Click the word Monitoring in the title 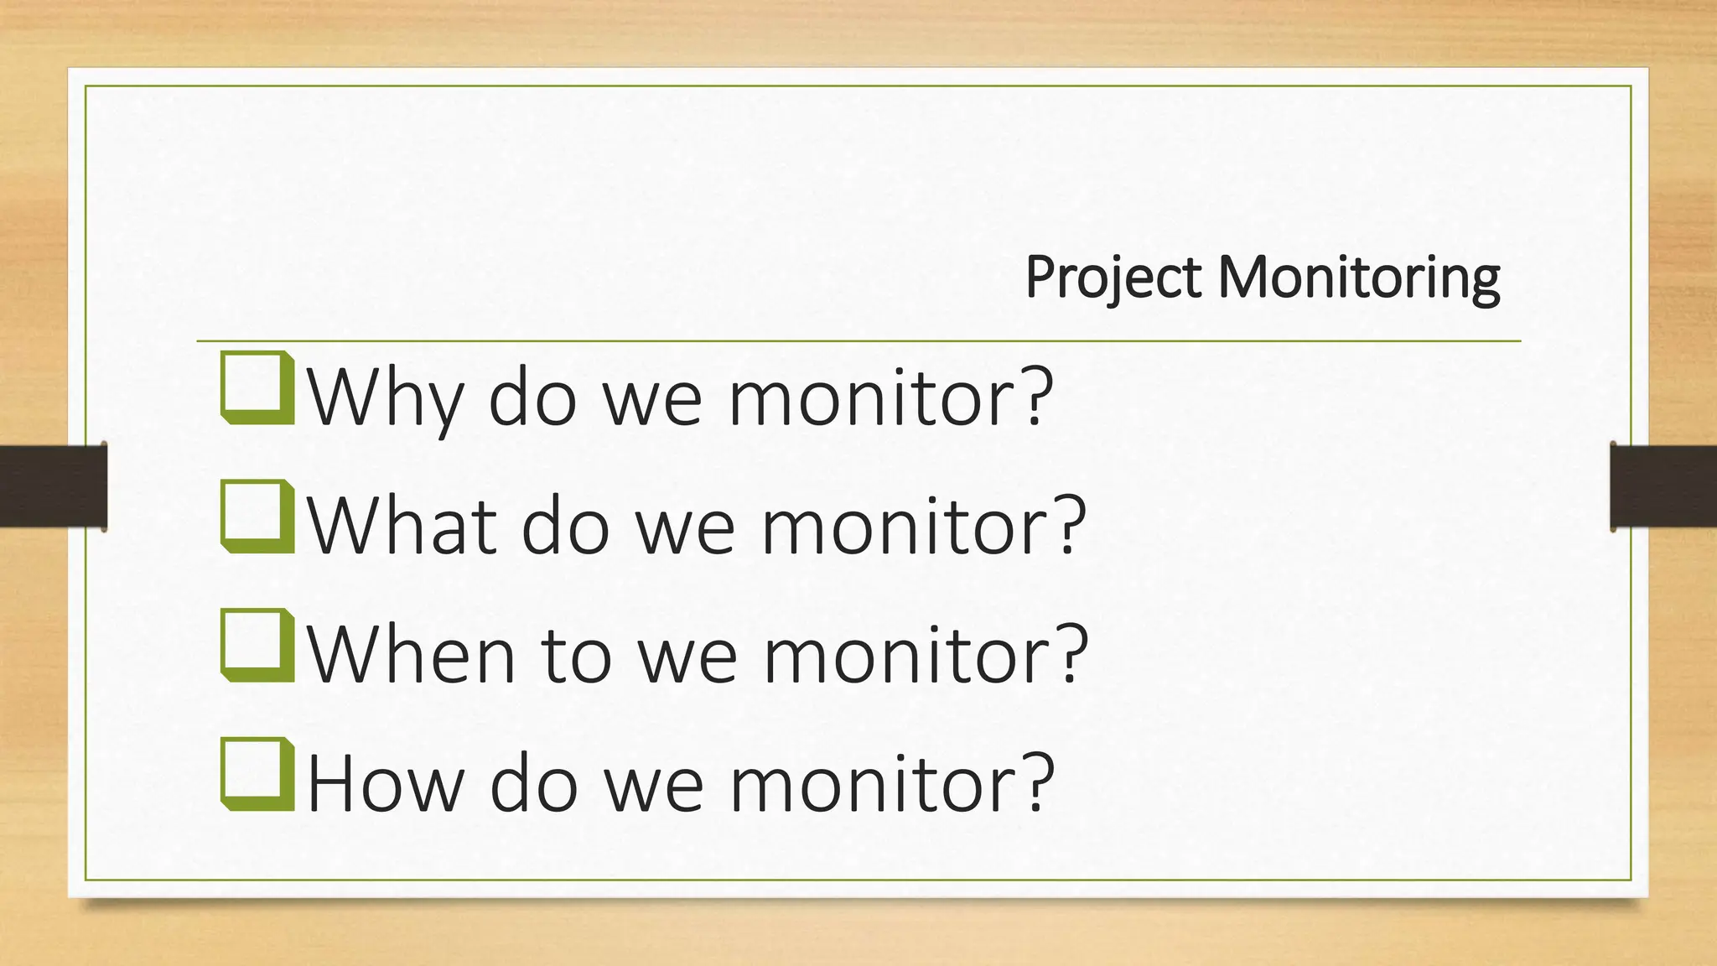1358,278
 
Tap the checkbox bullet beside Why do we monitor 257,388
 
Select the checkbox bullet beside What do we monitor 257,517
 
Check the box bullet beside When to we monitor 257,645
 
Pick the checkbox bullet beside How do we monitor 257,774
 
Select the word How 385,783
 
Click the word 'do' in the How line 533,783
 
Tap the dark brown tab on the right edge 1663,486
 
